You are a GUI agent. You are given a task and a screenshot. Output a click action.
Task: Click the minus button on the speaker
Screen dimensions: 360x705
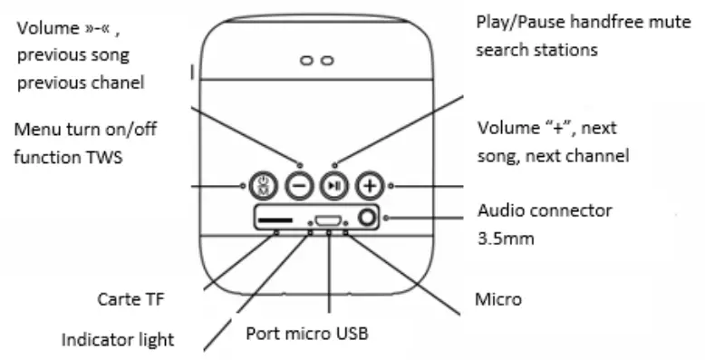tap(300, 185)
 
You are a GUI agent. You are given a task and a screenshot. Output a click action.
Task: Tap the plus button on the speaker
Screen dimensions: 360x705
tap(368, 185)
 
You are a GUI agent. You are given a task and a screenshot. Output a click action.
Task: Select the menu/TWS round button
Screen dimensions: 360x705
tap(262, 185)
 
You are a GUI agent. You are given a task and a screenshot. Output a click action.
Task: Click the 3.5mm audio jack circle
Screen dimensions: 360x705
tap(367, 218)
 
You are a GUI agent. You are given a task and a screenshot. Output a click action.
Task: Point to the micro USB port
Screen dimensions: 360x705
tap(328, 219)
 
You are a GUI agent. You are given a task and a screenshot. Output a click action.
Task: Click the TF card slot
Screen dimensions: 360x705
tap(276, 219)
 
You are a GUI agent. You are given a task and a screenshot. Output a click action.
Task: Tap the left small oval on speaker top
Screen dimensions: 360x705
tap(308, 60)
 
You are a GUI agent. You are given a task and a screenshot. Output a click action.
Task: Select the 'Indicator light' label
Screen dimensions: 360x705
tap(117, 340)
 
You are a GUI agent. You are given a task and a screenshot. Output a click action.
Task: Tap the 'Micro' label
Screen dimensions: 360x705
tap(497, 298)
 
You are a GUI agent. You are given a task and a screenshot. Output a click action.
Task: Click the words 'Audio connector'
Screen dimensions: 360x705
tap(545, 211)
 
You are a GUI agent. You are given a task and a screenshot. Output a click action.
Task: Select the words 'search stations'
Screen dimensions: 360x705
tap(536, 49)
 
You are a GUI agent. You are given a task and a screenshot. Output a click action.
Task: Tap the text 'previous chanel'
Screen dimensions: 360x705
tap(81, 83)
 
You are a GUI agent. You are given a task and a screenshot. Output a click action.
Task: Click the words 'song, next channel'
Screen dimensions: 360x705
tap(553, 155)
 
